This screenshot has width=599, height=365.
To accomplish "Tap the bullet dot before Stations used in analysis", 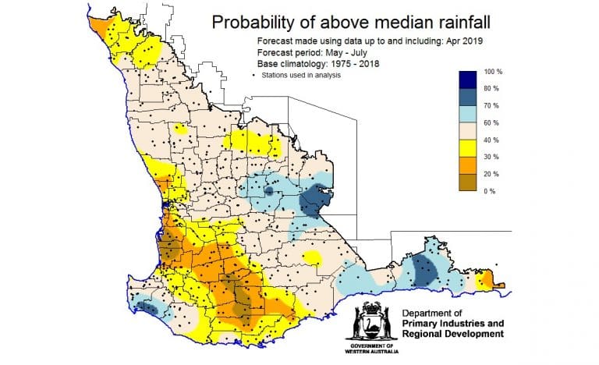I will (x=256, y=75).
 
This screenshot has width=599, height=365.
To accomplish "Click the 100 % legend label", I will (x=495, y=72).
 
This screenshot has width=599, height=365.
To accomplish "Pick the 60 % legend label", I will (x=494, y=123).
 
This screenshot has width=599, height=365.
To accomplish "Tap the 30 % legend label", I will (x=494, y=157).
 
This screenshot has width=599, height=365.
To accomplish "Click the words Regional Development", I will (x=452, y=335).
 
